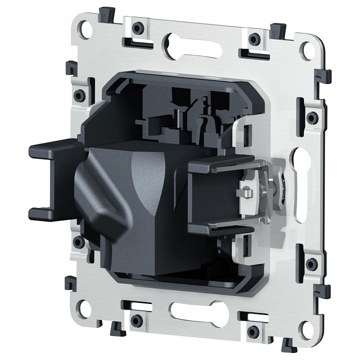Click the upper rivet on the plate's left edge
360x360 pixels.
click(78, 94)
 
